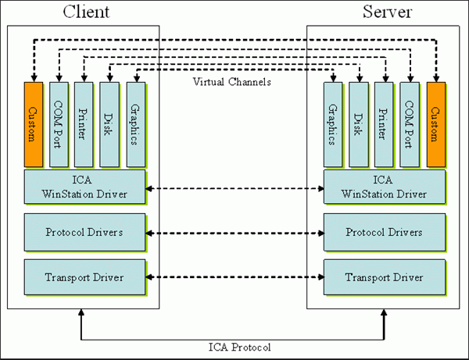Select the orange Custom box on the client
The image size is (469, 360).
[33, 123]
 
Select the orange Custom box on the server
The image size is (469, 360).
[436, 123]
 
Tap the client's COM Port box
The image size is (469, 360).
[59, 123]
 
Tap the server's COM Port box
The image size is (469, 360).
[410, 123]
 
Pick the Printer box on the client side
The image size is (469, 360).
[84, 123]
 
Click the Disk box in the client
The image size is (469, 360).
[109, 123]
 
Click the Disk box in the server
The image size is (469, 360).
[359, 123]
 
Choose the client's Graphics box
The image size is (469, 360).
[135, 123]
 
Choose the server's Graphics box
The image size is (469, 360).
[333, 123]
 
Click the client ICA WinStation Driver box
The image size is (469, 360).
[84, 188]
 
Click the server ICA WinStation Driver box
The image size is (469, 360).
[384, 188]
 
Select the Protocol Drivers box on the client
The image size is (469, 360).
[84, 233]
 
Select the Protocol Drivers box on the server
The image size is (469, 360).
[384, 233]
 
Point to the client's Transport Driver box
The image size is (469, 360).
[84, 277]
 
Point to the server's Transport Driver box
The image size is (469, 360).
[384, 277]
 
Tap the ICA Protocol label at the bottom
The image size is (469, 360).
[234, 347]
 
